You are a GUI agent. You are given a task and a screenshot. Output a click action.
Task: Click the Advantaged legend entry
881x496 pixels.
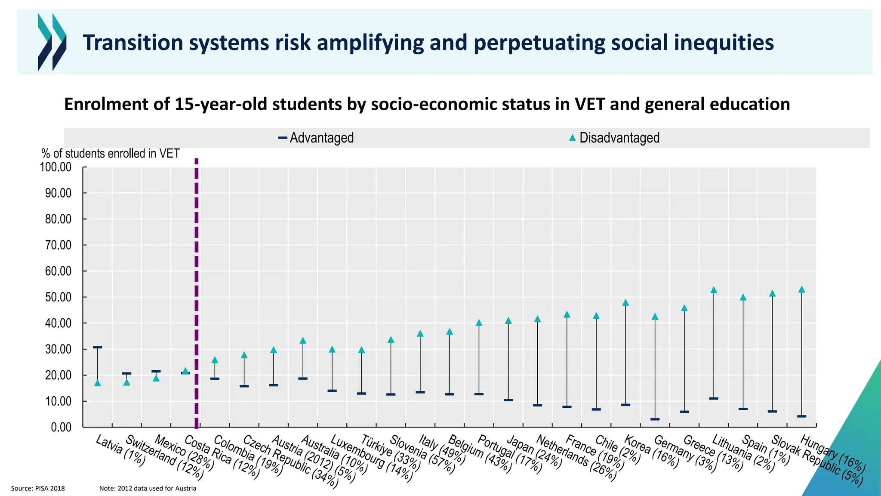click(317, 138)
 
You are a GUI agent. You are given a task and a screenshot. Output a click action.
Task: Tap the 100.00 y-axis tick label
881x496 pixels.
click(56, 167)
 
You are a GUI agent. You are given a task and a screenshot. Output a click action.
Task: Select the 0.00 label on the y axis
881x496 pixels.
click(61, 427)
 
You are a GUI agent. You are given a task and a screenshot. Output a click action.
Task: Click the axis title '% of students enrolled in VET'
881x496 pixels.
click(110, 154)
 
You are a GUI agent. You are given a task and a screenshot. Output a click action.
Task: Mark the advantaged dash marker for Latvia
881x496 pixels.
click(97, 347)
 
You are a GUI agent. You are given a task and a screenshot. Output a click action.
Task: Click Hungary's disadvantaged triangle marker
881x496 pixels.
click(801, 290)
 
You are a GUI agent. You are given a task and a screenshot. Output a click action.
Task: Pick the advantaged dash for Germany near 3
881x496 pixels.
click(655, 419)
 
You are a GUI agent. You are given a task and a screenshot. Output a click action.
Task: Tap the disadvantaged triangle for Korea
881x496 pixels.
click(625, 303)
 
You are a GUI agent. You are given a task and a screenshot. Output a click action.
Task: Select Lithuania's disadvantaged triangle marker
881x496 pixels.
click(714, 290)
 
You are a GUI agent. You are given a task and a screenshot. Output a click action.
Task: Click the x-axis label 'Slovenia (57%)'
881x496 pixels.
click(422, 455)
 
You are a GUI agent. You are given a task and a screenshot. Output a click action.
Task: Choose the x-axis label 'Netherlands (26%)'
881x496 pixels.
click(576, 458)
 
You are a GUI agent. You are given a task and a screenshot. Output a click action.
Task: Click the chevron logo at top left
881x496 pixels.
click(52, 42)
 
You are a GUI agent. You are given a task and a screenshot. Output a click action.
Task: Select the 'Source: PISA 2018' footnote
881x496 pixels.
click(38, 488)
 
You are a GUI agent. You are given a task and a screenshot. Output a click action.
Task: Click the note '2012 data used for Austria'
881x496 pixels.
click(148, 488)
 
